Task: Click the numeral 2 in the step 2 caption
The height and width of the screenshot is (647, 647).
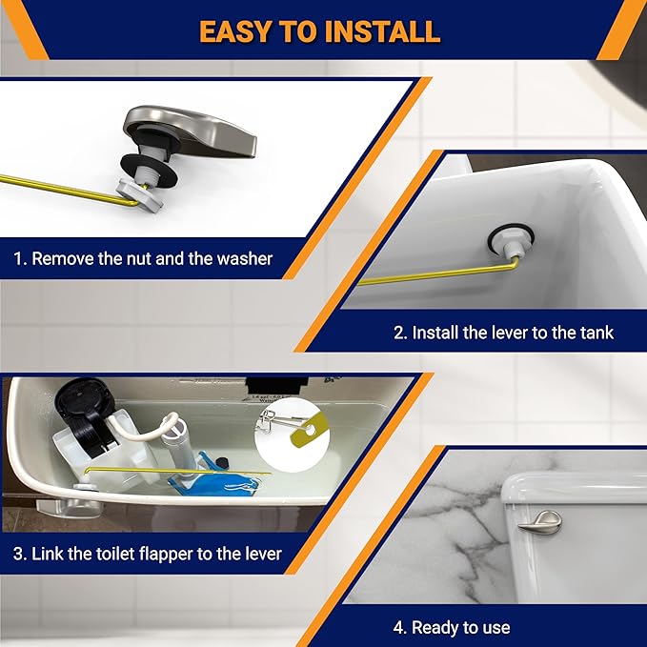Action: coord(398,333)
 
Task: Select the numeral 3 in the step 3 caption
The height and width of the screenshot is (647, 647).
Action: coord(19,553)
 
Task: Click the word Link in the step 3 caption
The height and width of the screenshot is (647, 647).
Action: coord(49,553)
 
